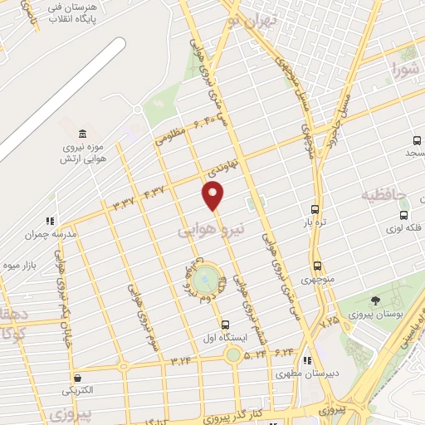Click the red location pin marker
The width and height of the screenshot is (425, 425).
[x=213, y=196]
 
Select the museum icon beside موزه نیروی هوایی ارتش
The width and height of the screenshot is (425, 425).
[x=82, y=134]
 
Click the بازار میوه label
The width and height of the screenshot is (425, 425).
[x=22, y=266]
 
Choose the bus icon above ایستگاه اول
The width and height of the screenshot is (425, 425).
[x=225, y=325]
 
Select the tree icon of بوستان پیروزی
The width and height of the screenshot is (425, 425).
[x=376, y=300]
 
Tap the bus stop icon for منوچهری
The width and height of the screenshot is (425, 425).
[x=318, y=266]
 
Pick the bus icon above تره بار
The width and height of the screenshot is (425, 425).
[x=315, y=210]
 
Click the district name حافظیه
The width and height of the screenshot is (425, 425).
[x=383, y=196]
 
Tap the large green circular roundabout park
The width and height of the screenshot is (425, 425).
[x=209, y=278]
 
